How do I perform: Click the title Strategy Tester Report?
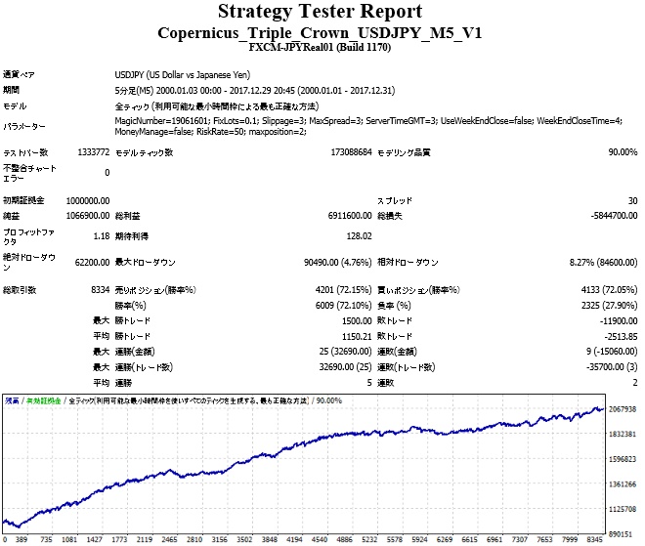(321, 12)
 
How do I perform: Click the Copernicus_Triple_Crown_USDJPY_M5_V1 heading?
(321, 32)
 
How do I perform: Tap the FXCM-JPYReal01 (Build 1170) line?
(321, 47)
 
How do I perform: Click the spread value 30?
(632, 200)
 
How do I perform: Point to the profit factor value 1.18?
(100, 235)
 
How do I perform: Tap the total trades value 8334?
(99, 290)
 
